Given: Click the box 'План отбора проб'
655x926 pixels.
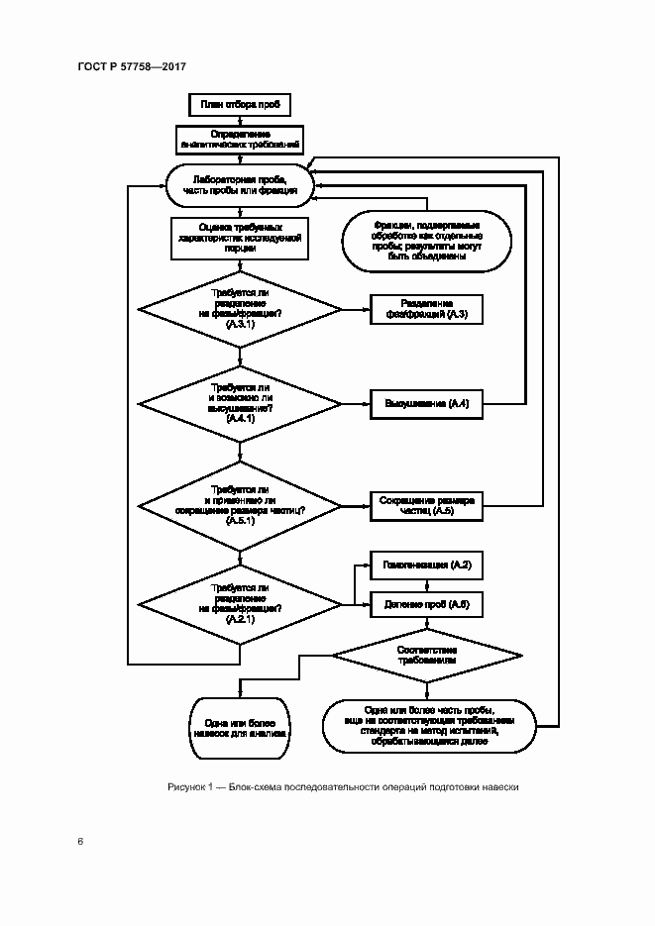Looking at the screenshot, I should point(239,103).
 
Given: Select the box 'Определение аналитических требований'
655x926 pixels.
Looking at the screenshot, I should point(239,139).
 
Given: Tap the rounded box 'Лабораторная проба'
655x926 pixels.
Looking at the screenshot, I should point(240,184).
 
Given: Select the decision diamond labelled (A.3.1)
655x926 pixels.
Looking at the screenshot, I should point(240,309).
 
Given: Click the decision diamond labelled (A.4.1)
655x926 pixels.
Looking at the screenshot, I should point(240,404).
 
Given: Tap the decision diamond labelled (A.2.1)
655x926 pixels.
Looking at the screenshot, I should point(240,603).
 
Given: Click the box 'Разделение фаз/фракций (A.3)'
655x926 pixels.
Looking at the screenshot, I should point(426,309).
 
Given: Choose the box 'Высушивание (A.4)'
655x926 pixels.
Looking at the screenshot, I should point(426,404).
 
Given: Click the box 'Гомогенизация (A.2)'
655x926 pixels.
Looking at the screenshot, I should point(426,566).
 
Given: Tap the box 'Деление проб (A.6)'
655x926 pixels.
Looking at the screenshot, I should point(426,604).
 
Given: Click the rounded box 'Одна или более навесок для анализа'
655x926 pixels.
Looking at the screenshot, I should point(240,729).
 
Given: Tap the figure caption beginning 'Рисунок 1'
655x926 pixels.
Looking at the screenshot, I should point(343,787).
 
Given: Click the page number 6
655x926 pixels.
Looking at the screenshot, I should point(80,842).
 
